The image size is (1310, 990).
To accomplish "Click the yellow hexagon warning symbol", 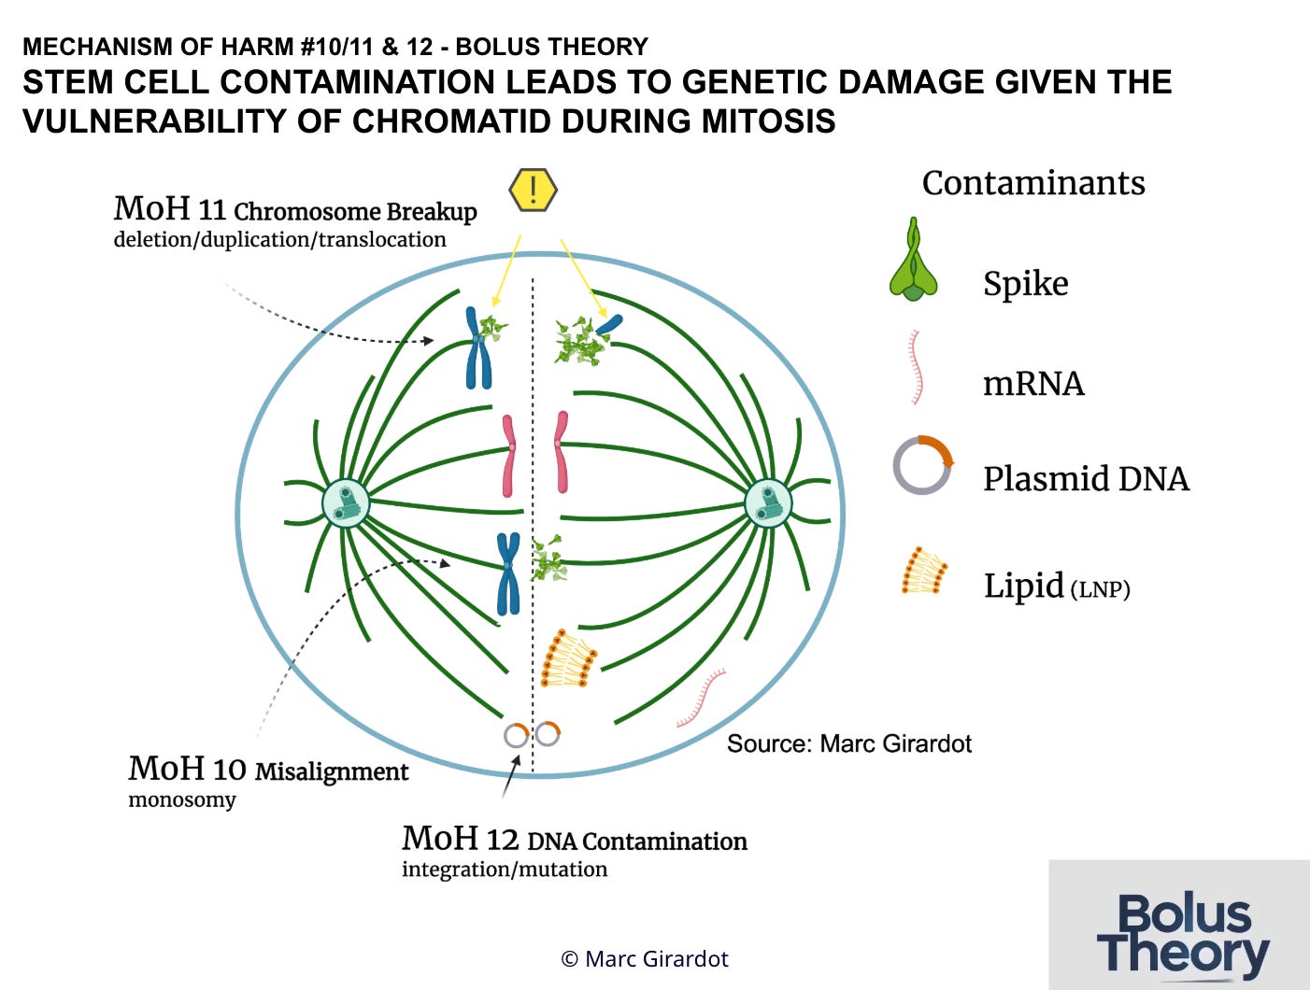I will (x=533, y=191).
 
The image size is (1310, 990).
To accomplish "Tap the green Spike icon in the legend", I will (x=913, y=262).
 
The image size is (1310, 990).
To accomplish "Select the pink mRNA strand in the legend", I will (x=917, y=366).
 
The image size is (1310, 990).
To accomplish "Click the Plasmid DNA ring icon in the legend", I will (x=922, y=465).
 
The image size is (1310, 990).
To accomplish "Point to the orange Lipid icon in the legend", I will (x=924, y=571).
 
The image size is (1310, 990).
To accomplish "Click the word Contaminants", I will (x=1032, y=183).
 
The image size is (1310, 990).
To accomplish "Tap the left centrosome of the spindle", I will (x=347, y=504).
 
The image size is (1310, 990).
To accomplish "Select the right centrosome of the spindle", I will (x=768, y=504).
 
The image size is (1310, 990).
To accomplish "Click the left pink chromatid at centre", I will (x=508, y=455).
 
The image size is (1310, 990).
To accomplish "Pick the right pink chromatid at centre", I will (x=561, y=452).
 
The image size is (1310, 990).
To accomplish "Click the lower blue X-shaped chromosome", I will (x=507, y=573).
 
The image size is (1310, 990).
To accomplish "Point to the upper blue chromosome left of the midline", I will (x=477, y=348).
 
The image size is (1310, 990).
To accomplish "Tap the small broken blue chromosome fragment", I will (x=609, y=324).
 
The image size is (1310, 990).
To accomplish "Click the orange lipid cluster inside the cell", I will (x=567, y=659).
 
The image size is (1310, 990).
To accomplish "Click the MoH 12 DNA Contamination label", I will (x=574, y=840).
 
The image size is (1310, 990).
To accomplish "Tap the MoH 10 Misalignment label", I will (x=268, y=771).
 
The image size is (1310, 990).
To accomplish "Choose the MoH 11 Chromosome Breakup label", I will (x=295, y=210).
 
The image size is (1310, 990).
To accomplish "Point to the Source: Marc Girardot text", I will (x=848, y=743).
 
